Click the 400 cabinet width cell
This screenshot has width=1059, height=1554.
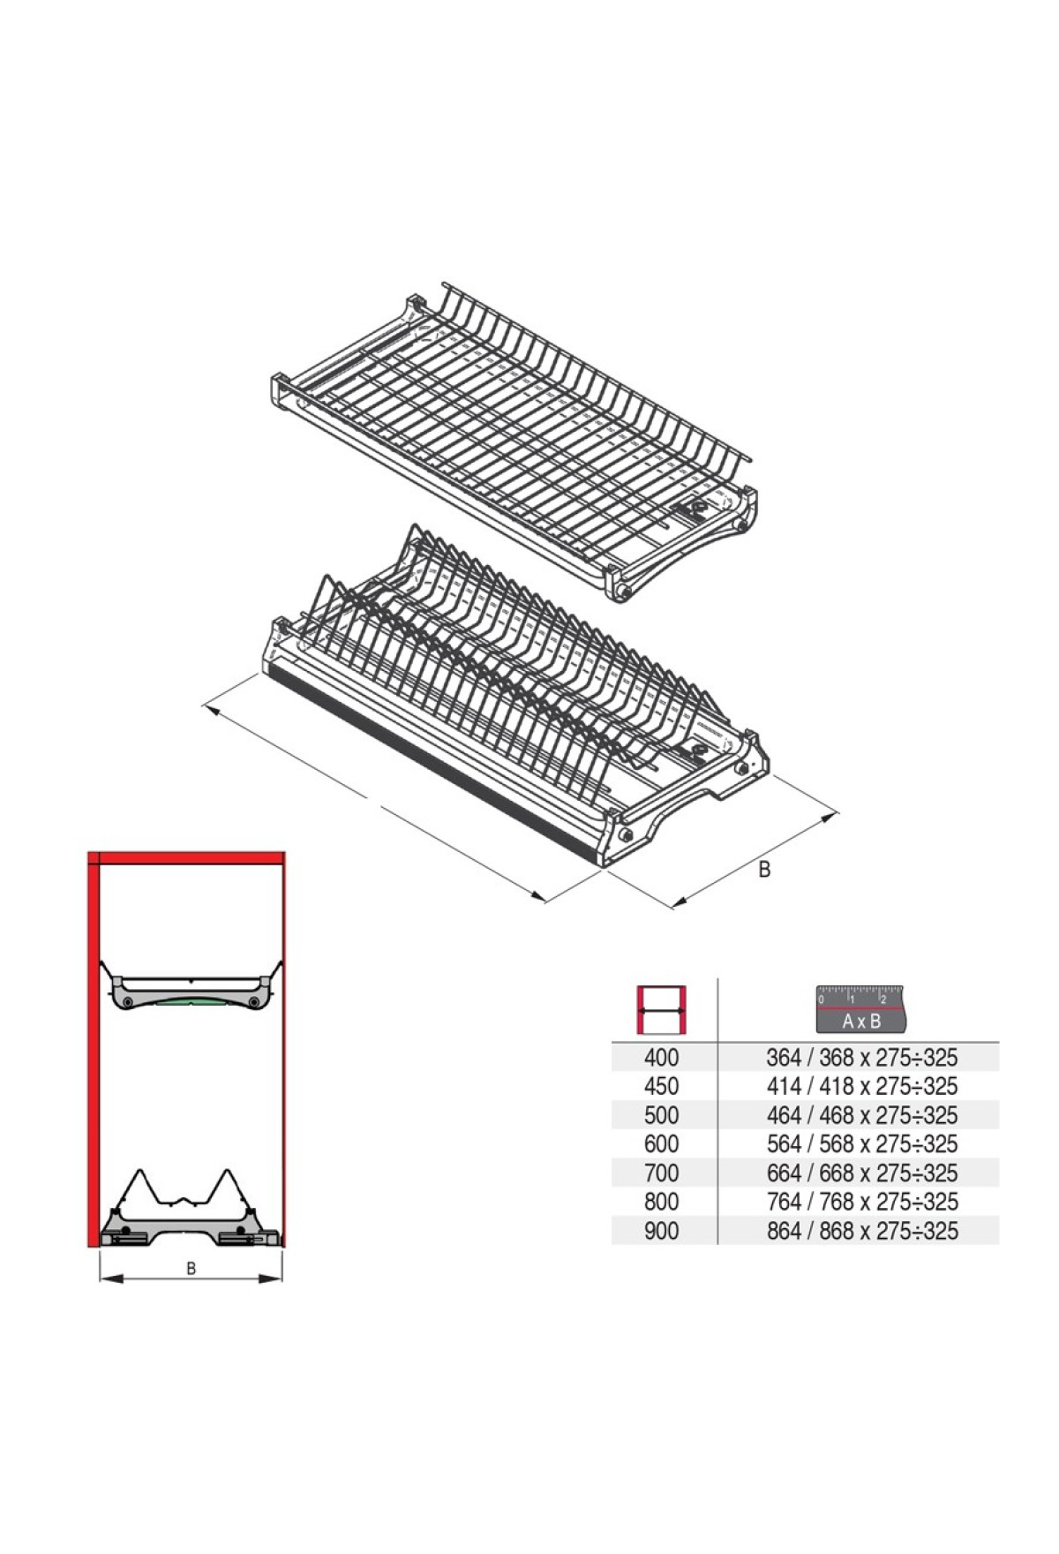(661, 1057)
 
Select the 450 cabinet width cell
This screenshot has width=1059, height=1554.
(661, 1086)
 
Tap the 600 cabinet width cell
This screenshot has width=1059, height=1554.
(661, 1144)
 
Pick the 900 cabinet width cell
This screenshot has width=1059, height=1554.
(661, 1231)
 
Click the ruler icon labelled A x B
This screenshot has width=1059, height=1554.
(861, 1008)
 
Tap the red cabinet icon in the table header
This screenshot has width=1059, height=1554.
(662, 1009)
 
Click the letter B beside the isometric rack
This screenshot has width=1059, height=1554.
(764, 870)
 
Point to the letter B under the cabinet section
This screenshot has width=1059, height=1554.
(191, 1269)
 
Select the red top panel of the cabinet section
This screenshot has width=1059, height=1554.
(186, 856)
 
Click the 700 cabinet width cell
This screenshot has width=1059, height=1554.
(661, 1173)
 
